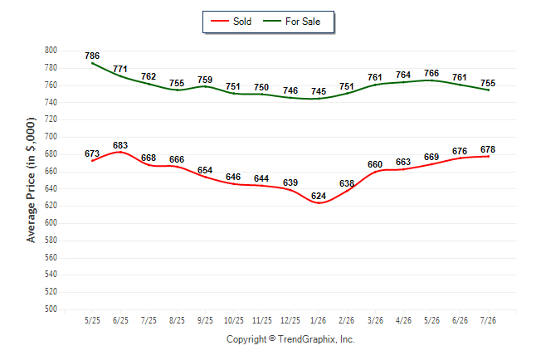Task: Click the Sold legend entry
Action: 231,22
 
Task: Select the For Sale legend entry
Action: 291,22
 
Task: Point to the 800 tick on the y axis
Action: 51,51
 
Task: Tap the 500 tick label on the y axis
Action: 51,309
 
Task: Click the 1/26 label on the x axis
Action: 319,320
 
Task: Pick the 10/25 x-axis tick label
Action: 234,320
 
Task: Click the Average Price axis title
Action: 31,180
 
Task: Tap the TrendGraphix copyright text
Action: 290,339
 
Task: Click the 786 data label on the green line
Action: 92,56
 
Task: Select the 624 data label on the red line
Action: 319,196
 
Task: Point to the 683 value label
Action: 120,145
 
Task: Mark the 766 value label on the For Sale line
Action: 431,73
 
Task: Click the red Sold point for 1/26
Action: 319,202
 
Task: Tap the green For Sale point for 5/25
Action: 92,63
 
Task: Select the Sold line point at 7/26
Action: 488,156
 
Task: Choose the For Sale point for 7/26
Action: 488,90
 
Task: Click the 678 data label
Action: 488,149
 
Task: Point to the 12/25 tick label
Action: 290,320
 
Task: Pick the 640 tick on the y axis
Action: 51,188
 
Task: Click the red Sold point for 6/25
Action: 120,152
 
